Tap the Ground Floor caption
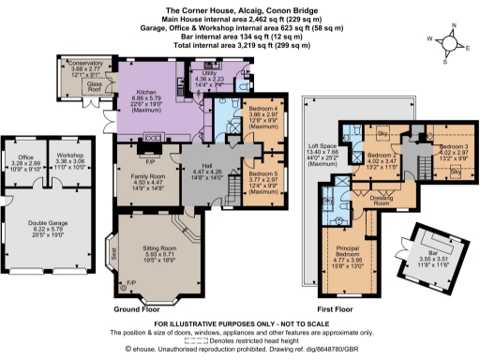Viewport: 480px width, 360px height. point(140,308)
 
